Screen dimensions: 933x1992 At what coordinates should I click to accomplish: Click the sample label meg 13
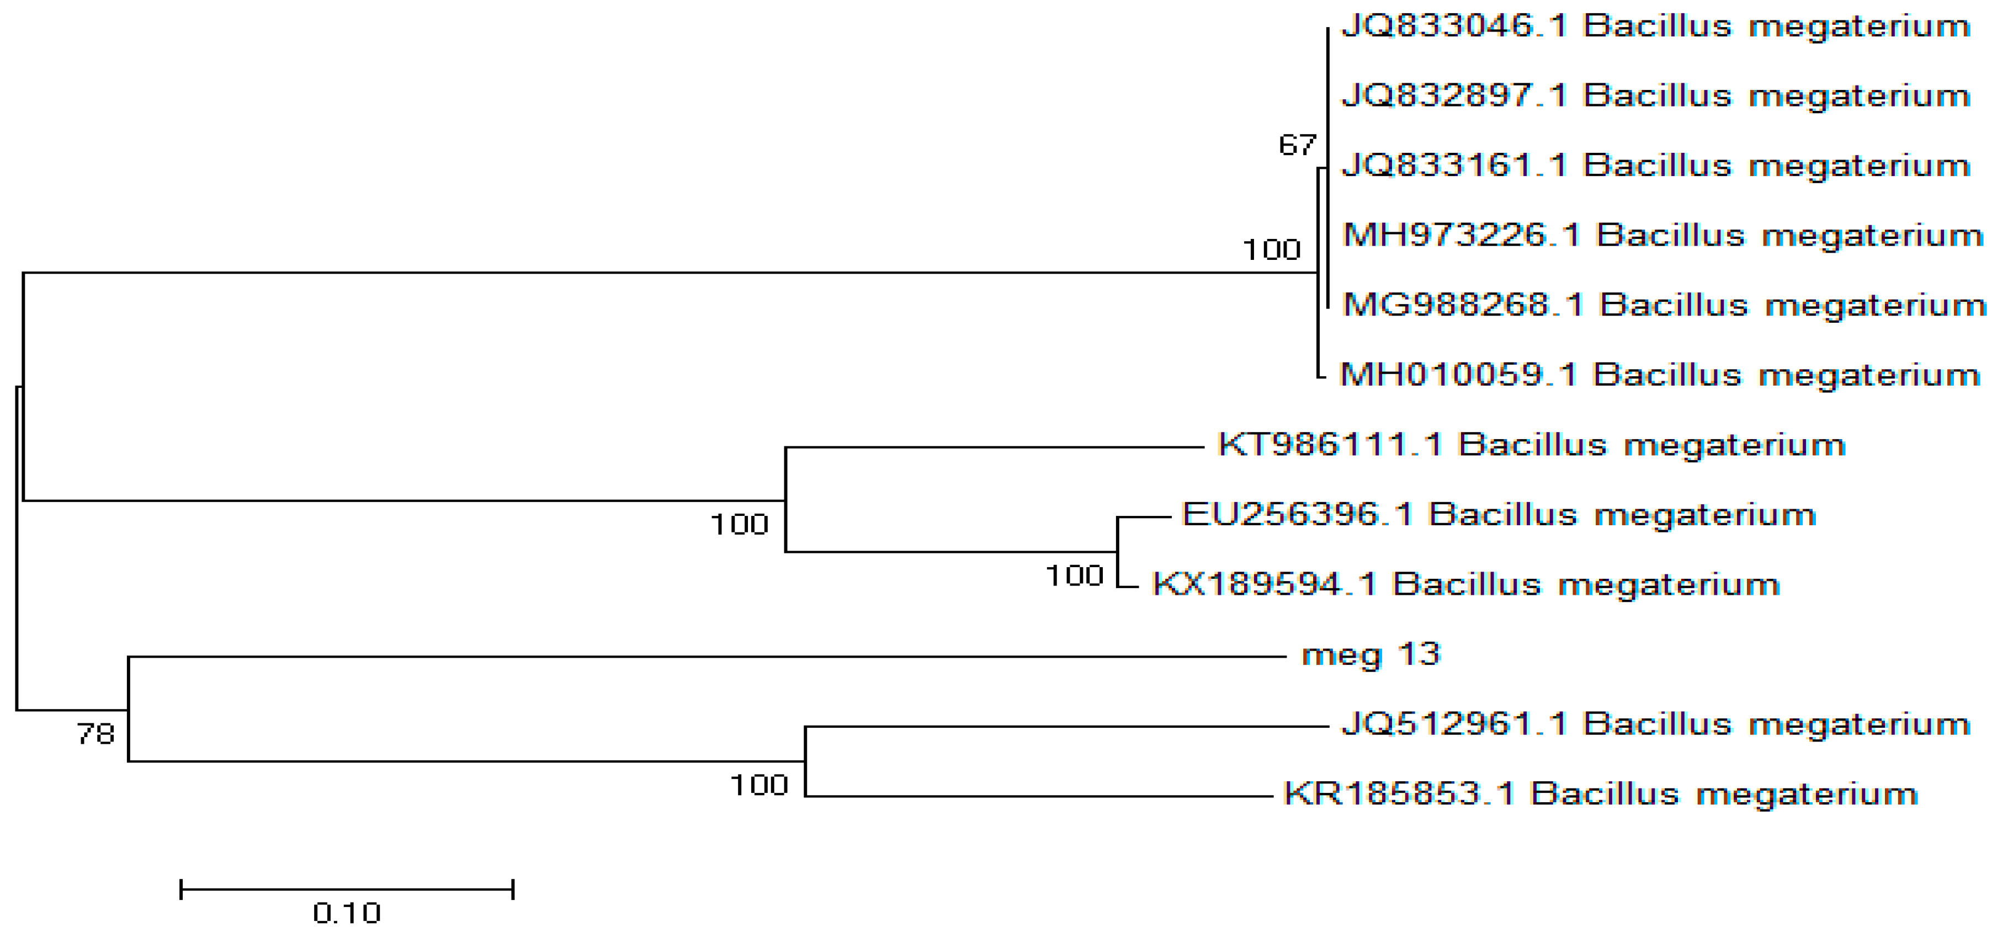(x=1371, y=655)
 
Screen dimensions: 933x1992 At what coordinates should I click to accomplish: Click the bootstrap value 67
(x=1297, y=145)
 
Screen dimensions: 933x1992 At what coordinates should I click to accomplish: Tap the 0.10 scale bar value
(x=347, y=914)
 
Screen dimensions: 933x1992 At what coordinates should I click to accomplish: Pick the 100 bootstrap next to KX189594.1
(x=1074, y=576)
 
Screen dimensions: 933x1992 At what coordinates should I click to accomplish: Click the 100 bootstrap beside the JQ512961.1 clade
(x=758, y=785)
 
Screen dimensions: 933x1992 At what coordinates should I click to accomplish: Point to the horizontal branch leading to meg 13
(x=696, y=657)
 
